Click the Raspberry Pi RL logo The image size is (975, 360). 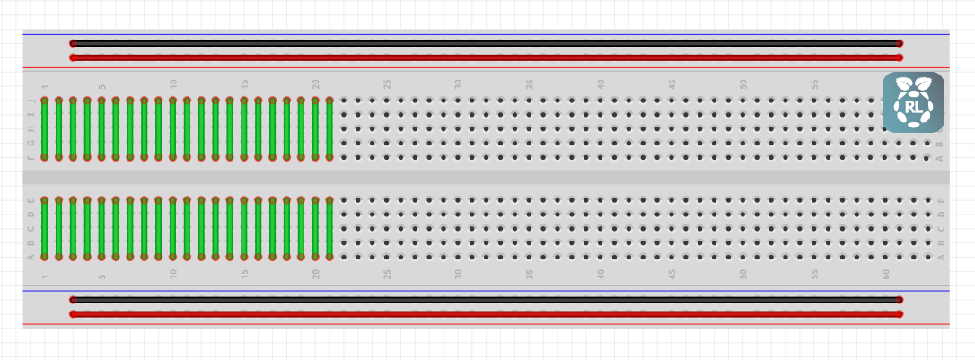click(x=913, y=102)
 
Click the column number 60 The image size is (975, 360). click(x=885, y=273)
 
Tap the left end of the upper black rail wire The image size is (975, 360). click(x=74, y=43)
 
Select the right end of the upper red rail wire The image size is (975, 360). click(x=899, y=57)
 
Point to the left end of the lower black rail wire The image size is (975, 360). click(x=74, y=299)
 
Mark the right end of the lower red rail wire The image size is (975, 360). click(x=899, y=313)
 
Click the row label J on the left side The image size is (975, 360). click(x=31, y=101)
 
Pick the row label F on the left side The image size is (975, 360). click(x=31, y=157)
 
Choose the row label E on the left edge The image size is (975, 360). click(x=31, y=200)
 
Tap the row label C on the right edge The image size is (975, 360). click(x=940, y=228)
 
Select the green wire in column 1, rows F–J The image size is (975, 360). click(x=45, y=128)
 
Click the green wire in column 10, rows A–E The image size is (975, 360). click(x=173, y=228)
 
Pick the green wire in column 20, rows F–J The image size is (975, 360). click(x=315, y=128)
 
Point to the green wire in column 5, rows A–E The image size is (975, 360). click(x=101, y=228)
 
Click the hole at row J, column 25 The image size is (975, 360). click(x=386, y=101)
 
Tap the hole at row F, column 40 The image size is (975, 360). click(x=600, y=157)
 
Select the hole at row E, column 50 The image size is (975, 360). click(x=742, y=200)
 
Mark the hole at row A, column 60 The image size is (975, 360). click(x=885, y=257)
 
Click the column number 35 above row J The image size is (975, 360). click(x=530, y=84)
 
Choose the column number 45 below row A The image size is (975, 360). click(x=672, y=273)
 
